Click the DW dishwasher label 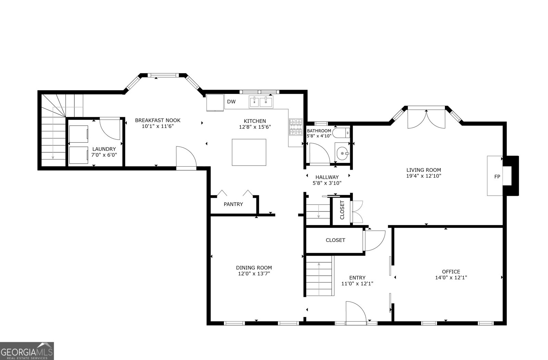[231, 102]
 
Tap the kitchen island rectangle [249, 152]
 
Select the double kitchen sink [261, 102]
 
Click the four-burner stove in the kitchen [296, 127]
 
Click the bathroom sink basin [342, 154]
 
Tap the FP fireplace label [497, 177]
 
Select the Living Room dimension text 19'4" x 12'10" [424, 176]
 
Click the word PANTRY [233, 204]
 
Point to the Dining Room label [254, 268]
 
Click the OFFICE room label [451, 272]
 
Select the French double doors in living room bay [426, 119]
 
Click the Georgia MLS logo [27, 351]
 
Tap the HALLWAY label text [327, 177]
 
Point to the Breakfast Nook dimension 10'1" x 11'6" [158, 126]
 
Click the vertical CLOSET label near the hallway [342, 210]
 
